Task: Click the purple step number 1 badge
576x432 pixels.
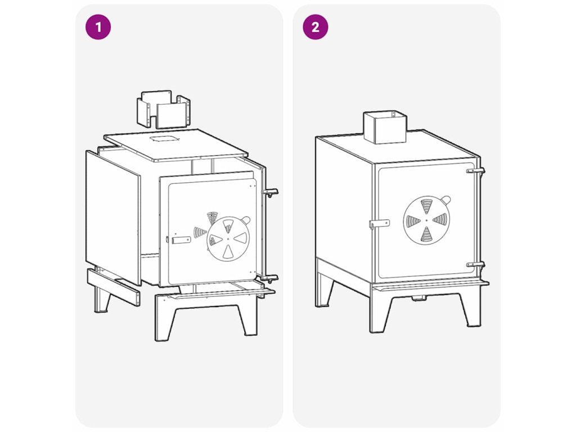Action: tap(98, 27)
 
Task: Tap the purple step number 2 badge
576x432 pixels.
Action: tap(315, 27)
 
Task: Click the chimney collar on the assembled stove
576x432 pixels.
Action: tap(385, 127)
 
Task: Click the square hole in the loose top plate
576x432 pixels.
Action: tap(163, 139)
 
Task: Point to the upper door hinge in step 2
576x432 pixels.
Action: tap(476, 171)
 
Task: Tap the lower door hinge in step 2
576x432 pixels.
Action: tap(476, 265)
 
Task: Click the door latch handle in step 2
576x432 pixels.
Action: tap(380, 224)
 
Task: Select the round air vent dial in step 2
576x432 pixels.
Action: tap(426, 220)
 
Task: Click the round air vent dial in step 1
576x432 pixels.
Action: tap(228, 238)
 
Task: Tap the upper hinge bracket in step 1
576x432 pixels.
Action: tap(269, 192)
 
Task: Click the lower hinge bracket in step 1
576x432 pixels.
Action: tap(269, 278)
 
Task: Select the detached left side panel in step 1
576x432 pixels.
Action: tap(113, 218)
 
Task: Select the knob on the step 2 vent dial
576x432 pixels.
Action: tap(445, 200)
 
